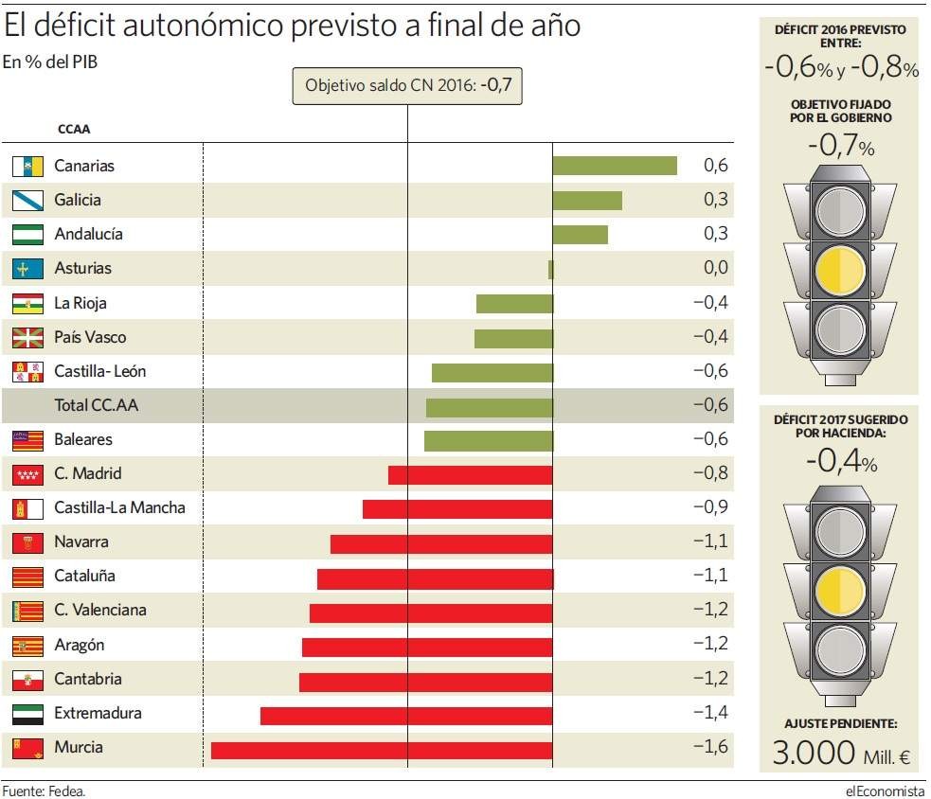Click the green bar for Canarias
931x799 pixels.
(614, 166)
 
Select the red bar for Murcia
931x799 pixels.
(382, 750)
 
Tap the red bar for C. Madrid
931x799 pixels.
(470, 474)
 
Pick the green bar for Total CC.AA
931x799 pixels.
(489, 407)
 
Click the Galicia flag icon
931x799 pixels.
(27, 200)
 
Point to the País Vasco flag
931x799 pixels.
(27, 337)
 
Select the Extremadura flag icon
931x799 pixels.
(27, 713)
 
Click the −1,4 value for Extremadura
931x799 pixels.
(710, 713)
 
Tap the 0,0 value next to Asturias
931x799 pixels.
(716, 268)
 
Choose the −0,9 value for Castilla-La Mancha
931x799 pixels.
(710, 507)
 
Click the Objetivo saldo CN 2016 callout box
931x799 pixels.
(407, 86)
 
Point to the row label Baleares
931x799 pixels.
(83, 439)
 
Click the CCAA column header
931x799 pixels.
(74, 130)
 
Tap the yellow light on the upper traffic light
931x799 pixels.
(839, 270)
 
